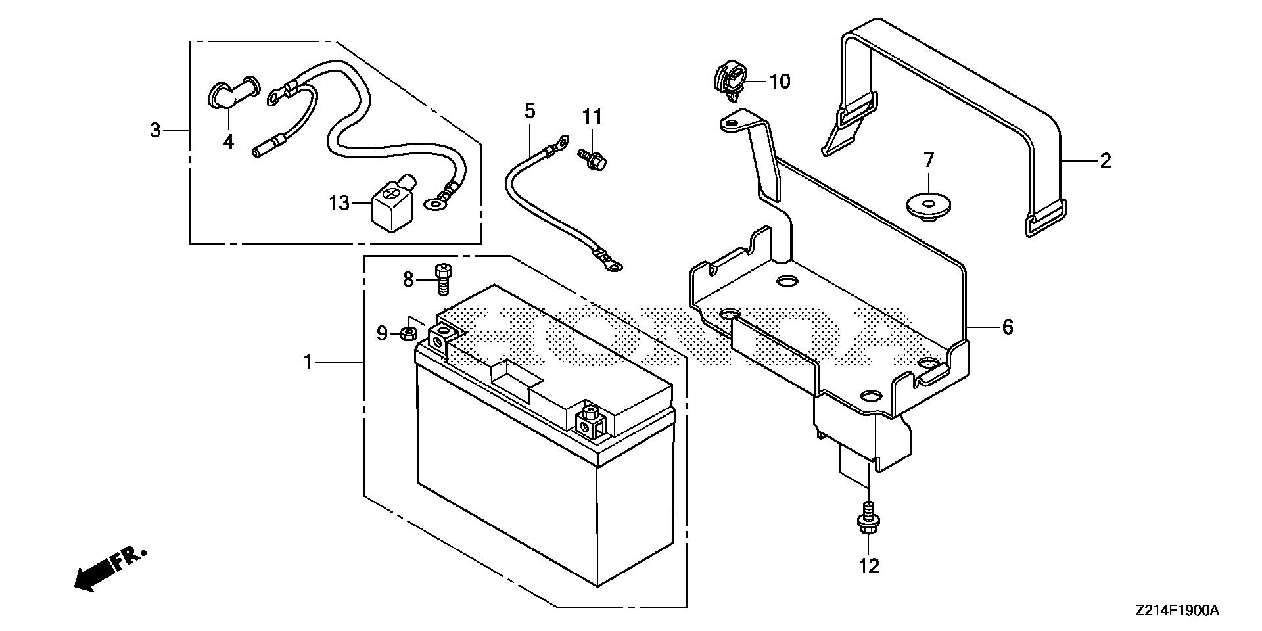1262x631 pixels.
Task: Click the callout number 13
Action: pyautogui.click(x=339, y=204)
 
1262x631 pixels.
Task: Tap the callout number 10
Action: pyautogui.click(x=780, y=82)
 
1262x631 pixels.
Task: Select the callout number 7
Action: pyautogui.click(x=928, y=160)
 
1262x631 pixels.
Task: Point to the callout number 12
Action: pyautogui.click(x=869, y=566)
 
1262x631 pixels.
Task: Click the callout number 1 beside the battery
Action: pyautogui.click(x=308, y=362)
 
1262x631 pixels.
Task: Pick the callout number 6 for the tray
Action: pyautogui.click(x=1008, y=327)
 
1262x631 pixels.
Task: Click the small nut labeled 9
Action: pyautogui.click(x=408, y=334)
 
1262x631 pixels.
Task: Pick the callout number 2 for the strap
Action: pyautogui.click(x=1106, y=160)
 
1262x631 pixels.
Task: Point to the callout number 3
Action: pyautogui.click(x=155, y=131)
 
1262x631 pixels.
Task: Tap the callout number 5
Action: pyautogui.click(x=530, y=110)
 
